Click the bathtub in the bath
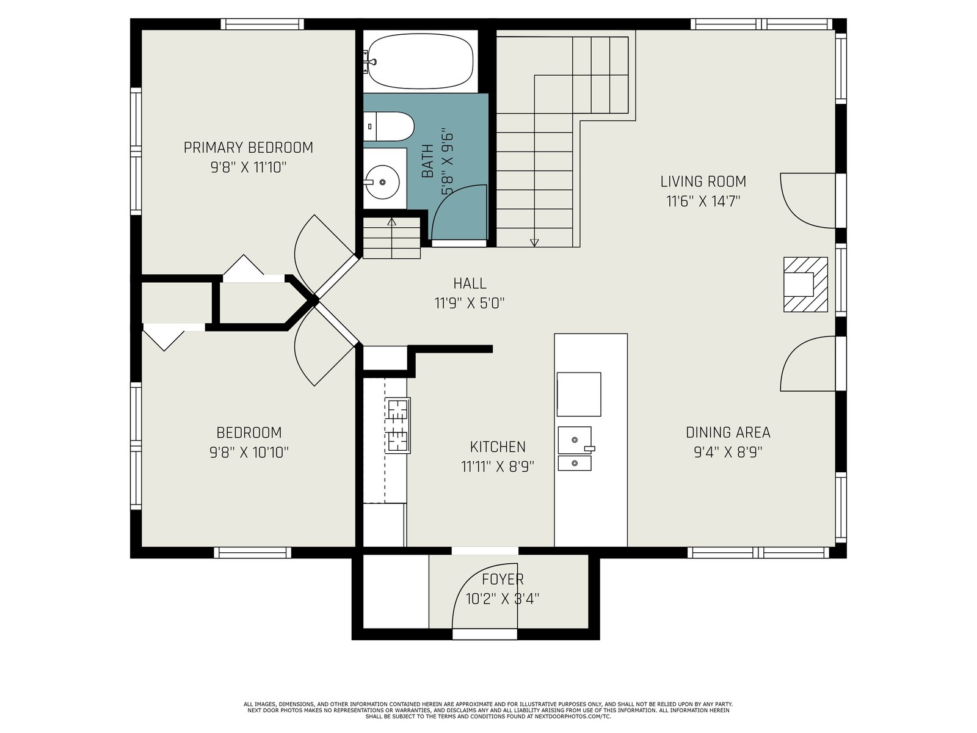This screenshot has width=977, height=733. pyautogui.click(x=420, y=62)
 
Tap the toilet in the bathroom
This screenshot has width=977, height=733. pyautogui.click(x=388, y=126)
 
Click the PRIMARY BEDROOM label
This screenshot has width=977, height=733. pyautogui.click(x=249, y=147)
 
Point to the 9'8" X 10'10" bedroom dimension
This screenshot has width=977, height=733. pyautogui.click(x=249, y=453)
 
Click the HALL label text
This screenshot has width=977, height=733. pyautogui.click(x=470, y=283)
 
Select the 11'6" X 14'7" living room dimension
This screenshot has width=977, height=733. pyautogui.click(x=703, y=202)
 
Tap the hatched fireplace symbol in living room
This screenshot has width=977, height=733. pyautogui.click(x=805, y=285)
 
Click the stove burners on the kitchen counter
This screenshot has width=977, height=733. pyautogui.click(x=398, y=426)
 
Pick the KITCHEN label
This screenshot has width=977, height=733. pyautogui.click(x=498, y=447)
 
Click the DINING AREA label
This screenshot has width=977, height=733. pyautogui.click(x=728, y=432)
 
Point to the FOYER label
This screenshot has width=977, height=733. pyautogui.click(x=503, y=579)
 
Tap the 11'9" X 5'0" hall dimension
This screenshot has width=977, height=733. pyautogui.click(x=470, y=304)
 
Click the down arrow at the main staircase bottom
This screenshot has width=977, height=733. pyautogui.click(x=534, y=243)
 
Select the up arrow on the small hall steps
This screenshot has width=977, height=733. pyautogui.click(x=391, y=222)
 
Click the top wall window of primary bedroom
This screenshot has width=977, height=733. pyautogui.click(x=262, y=24)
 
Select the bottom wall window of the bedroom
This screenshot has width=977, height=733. pyautogui.click(x=252, y=552)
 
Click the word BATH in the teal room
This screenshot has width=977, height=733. pyautogui.click(x=427, y=161)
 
